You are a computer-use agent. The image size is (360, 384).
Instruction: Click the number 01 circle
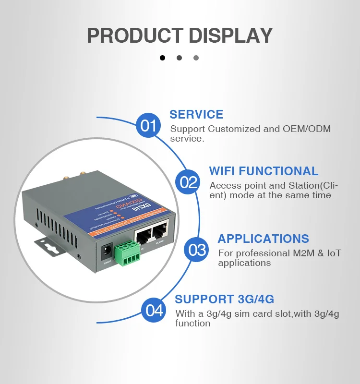pyautogui.click(x=149, y=126)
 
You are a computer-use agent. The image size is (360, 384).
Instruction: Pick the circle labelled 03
pyautogui.click(x=197, y=250)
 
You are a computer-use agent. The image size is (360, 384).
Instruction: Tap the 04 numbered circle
pyautogui.click(x=155, y=310)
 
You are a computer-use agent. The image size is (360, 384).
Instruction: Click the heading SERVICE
pyautogui.click(x=196, y=114)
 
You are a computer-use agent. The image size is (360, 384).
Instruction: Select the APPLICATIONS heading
pyautogui.click(x=263, y=239)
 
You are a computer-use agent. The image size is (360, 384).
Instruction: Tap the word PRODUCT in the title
pyautogui.click(x=134, y=36)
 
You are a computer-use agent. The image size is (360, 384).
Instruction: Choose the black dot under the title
pyautogui.click(x=162, y=58)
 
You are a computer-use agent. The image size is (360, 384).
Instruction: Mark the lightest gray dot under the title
pyautogui.click(x=196, y=58)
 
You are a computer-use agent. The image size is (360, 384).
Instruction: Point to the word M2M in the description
pyautogui.click(x=286, y=253)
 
